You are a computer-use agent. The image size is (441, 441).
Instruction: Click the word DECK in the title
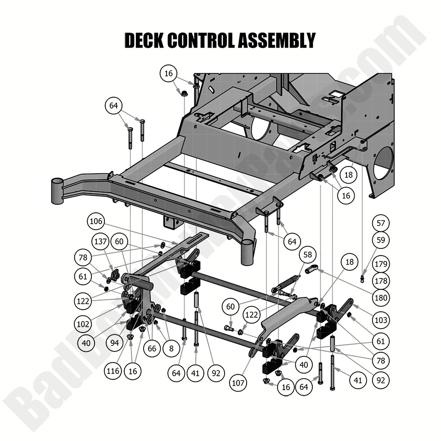point(144,40)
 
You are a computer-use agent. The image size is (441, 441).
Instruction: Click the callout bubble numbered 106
point(97,221)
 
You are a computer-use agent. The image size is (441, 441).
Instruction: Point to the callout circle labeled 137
point(100,242)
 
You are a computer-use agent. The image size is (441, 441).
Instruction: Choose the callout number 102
point(84,323)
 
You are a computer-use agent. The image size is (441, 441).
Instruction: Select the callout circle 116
point(113,372)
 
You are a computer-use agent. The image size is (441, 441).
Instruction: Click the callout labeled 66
point(153,348)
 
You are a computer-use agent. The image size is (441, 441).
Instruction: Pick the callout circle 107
point(238,383)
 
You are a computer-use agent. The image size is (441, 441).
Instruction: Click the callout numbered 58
point(308,255)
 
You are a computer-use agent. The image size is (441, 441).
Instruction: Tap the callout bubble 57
point(381,223)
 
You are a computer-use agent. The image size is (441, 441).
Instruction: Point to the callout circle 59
point(381,240)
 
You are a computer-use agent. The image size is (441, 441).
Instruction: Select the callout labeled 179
point(381,264)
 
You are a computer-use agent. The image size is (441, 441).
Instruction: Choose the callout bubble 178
point(381,281)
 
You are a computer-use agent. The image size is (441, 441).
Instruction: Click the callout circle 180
point(381,298)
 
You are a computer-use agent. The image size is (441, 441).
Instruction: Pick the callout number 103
point(381,320)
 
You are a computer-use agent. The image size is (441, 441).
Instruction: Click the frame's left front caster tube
point(57,190)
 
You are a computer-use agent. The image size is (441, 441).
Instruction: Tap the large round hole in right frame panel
point(383,163)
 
